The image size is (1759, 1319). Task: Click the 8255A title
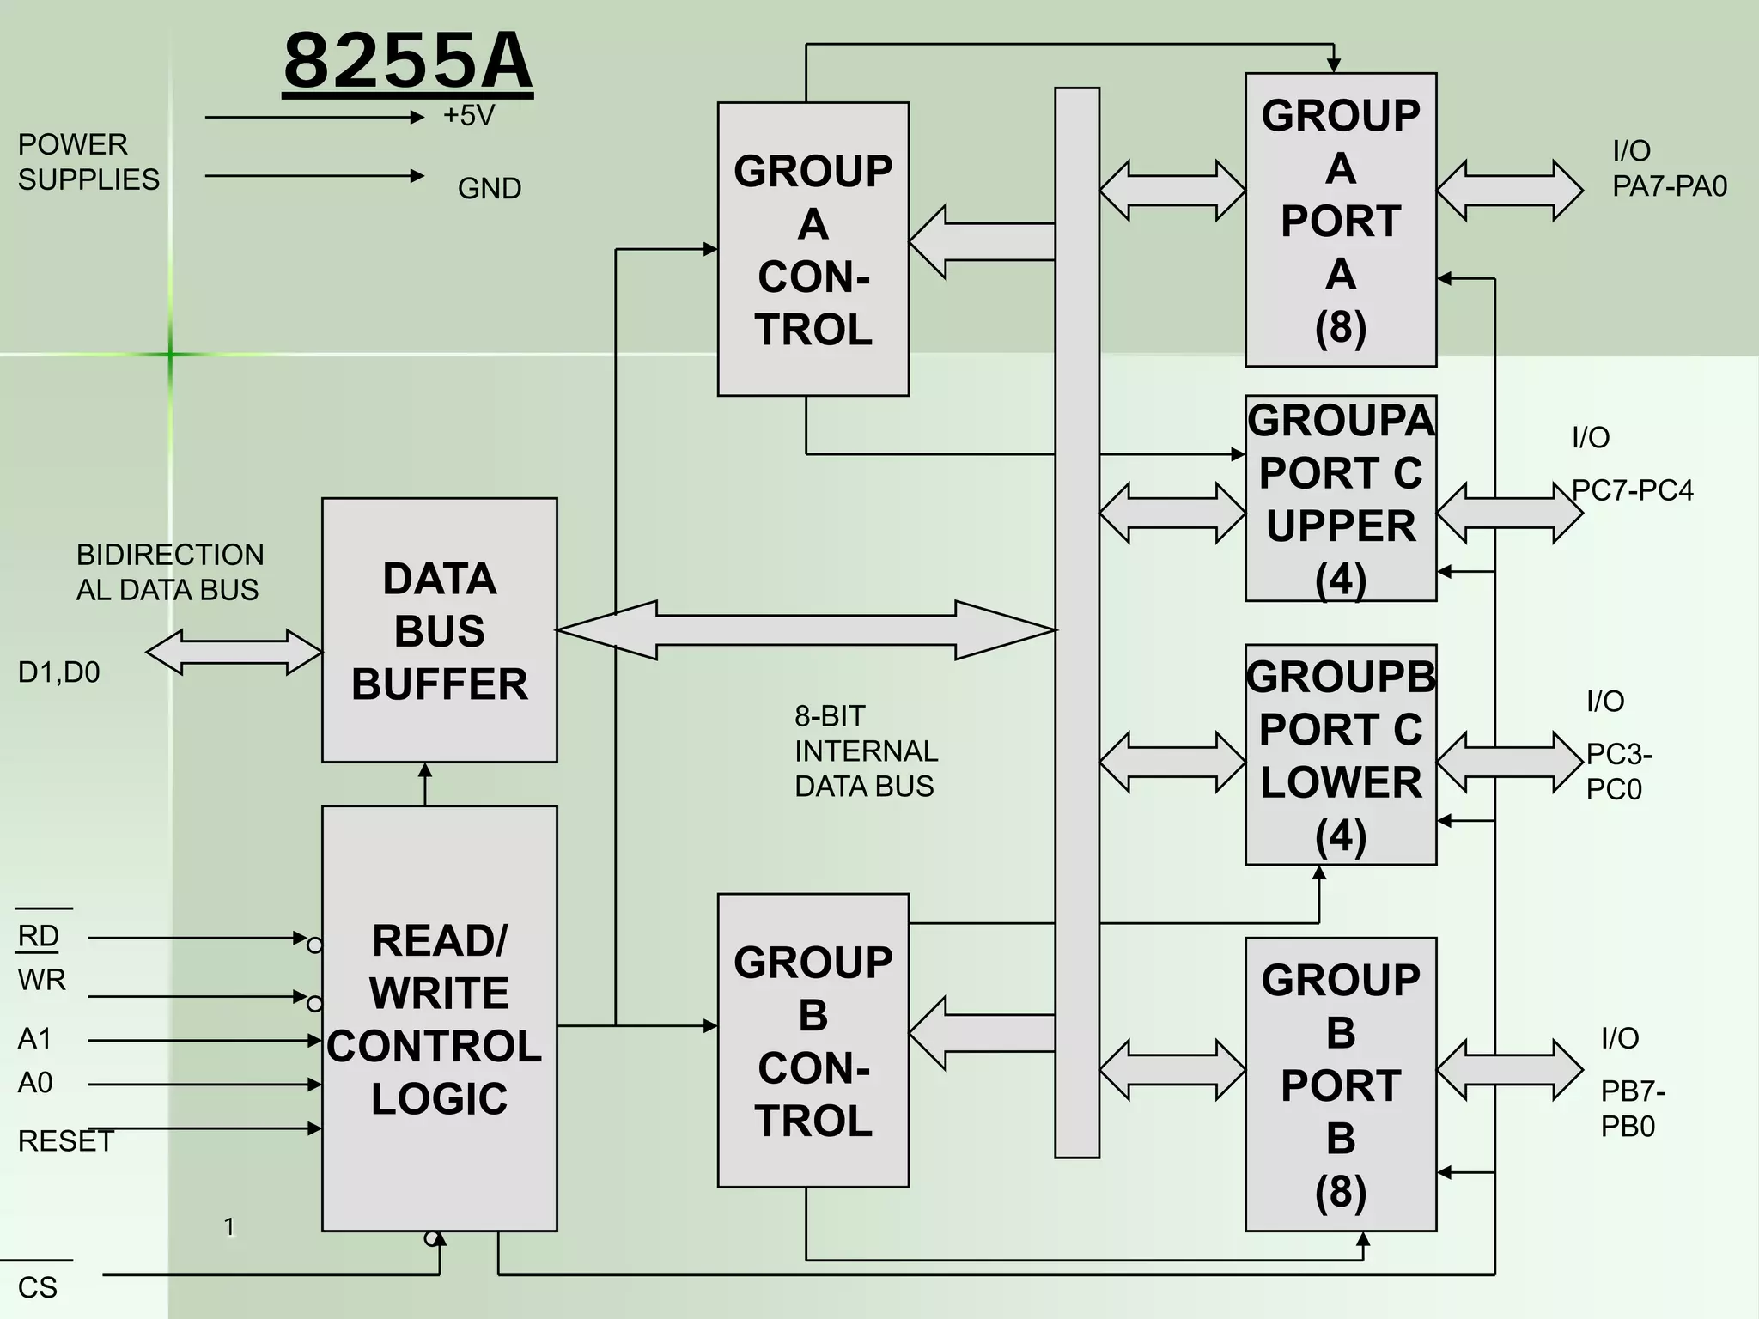pyautogui.click(x=408, y=62)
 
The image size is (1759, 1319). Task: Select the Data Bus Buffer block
pyautogui.click(x=439, y=630)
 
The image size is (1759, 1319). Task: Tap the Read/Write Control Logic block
pyautogui.click(x=439, y=1018)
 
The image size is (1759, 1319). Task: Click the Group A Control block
pyautogui.click(x=813, y=249)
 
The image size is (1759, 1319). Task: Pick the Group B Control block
pyautogui.click(x=813, y=1040)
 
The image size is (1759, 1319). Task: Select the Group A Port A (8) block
pyautogui.click(x=1340, y=220)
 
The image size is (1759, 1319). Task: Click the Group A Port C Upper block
pyautogui.click(x=1340, y=498)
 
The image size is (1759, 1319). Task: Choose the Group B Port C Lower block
pyautogui.click(x=1340, y=755)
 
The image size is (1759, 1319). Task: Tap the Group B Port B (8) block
pyautogui.click(x=1340, y=1084)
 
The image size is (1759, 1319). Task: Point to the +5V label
pyautogui.click(x=469, y=116)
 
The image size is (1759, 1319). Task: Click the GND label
pyautogui.click(x=489, y=188)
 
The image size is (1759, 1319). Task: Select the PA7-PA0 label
pyautogui.click(x=1669, y=186)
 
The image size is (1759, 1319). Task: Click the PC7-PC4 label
pyautogui.click(x=1632, y=490)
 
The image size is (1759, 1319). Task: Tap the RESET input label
pyautogui.click(x=65, y=1141)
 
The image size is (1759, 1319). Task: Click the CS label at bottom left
pyautogui.click(x=37, y=1287)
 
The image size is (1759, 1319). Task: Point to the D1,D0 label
pyautogui.click(x=58, y=672)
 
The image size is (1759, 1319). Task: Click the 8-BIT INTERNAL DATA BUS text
pyautogui.click(x=865, y=751)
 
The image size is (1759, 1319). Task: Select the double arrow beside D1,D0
pyautogui.click(x=234, y=652)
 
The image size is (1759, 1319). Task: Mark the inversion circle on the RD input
pyautogui.click(x=314, y=945)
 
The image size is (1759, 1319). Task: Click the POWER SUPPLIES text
pyautogui.click(x=88, y=161)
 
